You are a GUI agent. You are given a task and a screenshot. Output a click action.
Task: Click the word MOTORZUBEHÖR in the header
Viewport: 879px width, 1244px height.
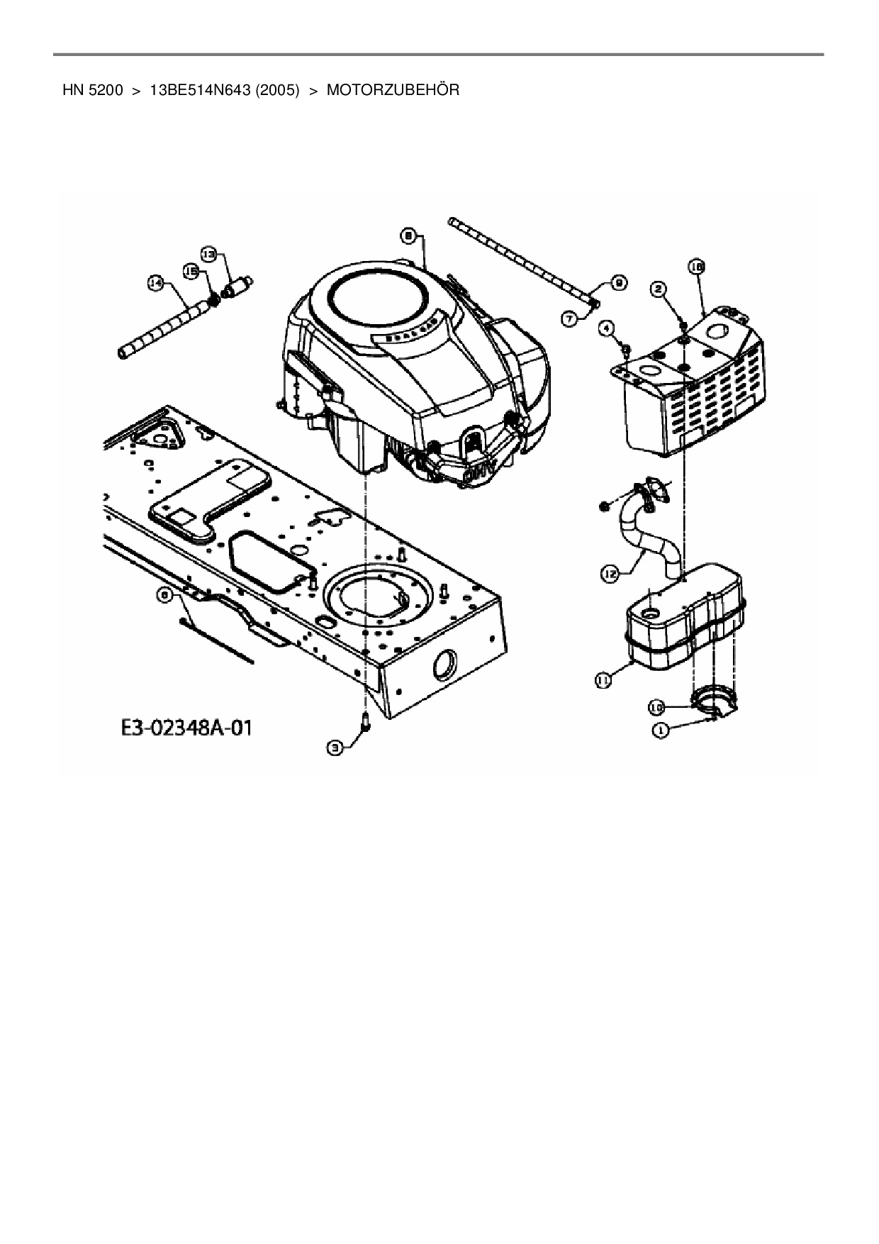[x=393, y=90]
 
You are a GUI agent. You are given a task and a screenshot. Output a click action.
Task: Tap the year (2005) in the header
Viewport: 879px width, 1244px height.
[x=274, y=90]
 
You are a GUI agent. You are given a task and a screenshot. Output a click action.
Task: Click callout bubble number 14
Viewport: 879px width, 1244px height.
[x=155, y=283]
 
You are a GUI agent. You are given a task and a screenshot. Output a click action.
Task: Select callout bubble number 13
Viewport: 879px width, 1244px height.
[x=208, y=253]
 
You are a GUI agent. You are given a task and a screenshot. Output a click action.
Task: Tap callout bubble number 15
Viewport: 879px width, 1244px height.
[x=190, y=270]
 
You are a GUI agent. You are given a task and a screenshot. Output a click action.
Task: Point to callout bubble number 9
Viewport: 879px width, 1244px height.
[x=617, y=283]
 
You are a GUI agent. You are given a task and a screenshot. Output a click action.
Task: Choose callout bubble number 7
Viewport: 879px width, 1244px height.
[x=570, y=319]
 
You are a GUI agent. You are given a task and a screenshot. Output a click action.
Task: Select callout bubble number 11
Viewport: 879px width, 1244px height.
[x=602, y=680]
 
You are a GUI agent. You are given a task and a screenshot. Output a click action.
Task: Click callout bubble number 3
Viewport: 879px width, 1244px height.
[x=335, y=746]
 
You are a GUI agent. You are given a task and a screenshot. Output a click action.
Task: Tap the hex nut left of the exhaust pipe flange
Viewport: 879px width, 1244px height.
[x=605, y=505]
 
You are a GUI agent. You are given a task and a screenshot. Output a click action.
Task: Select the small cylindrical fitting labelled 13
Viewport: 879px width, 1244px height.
[x=238, y=287]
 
